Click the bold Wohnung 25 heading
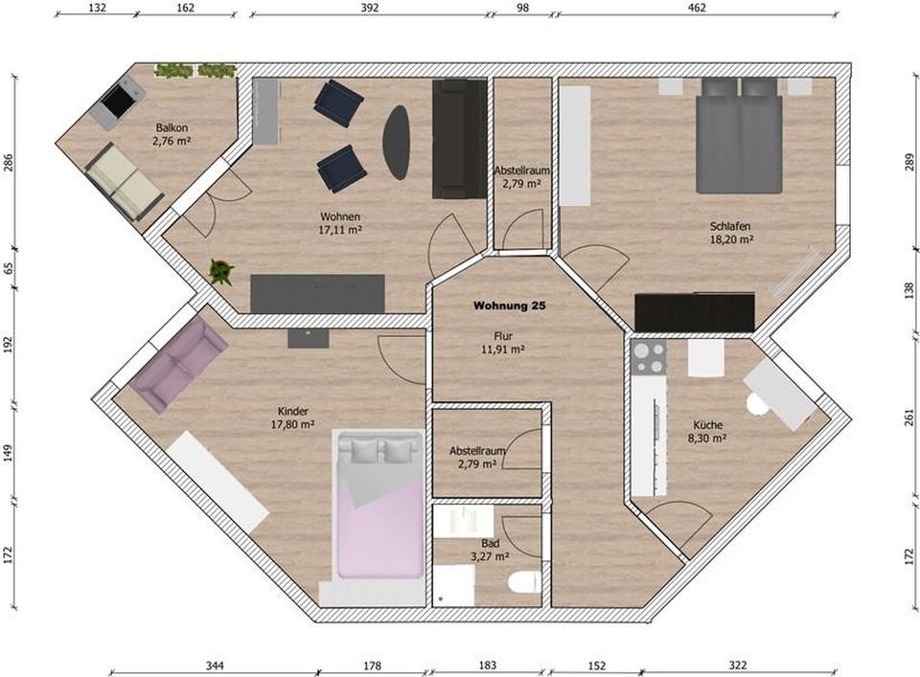coord(511,306)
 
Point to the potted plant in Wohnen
coord(221,272)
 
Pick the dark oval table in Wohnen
coord(397,142)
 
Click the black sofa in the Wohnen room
coord(459,139)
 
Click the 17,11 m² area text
coord(341,230)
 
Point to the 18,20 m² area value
coord(730,240)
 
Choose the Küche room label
coord(707,424)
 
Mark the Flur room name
coord(503,336)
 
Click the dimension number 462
coord(696,8)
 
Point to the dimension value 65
coord(10,269)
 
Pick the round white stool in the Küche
coord(758,405)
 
